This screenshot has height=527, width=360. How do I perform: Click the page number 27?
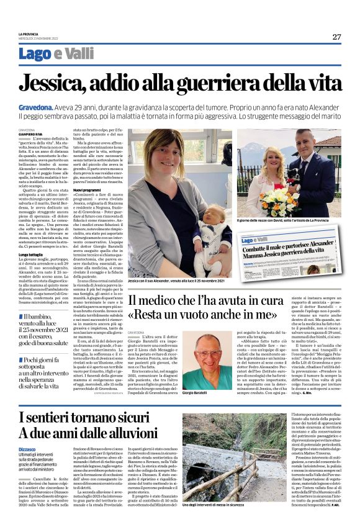(336, 37)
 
